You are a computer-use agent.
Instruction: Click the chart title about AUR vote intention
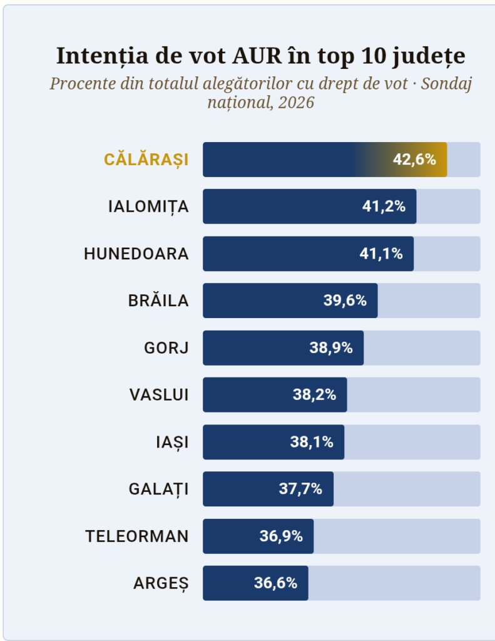point(260,56)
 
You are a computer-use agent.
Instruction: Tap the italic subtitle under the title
point(260,93)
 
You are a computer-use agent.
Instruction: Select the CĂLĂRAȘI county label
point(146,160)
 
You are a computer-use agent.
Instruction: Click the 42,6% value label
point(414,160)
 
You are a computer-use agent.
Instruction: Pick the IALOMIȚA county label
point(148,207)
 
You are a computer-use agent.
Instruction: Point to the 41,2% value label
point(384,207)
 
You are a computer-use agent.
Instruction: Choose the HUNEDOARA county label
point(136,254)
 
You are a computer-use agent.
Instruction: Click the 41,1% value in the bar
point(381,254)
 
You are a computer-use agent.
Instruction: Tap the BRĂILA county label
point(158,300)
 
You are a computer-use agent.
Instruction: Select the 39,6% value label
point(345,300)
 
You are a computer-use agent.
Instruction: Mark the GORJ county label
point(166,348)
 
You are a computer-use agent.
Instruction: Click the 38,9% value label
point(331,348)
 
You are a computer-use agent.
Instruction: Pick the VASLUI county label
point(159,395)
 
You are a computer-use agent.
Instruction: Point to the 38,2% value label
point(314,395)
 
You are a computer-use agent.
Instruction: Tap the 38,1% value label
point(312,442)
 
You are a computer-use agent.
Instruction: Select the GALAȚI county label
point(158,489)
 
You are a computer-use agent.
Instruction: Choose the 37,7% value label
point(300,489)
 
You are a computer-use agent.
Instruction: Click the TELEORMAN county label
point(137,536)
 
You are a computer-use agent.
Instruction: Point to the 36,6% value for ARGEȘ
point(275,583)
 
